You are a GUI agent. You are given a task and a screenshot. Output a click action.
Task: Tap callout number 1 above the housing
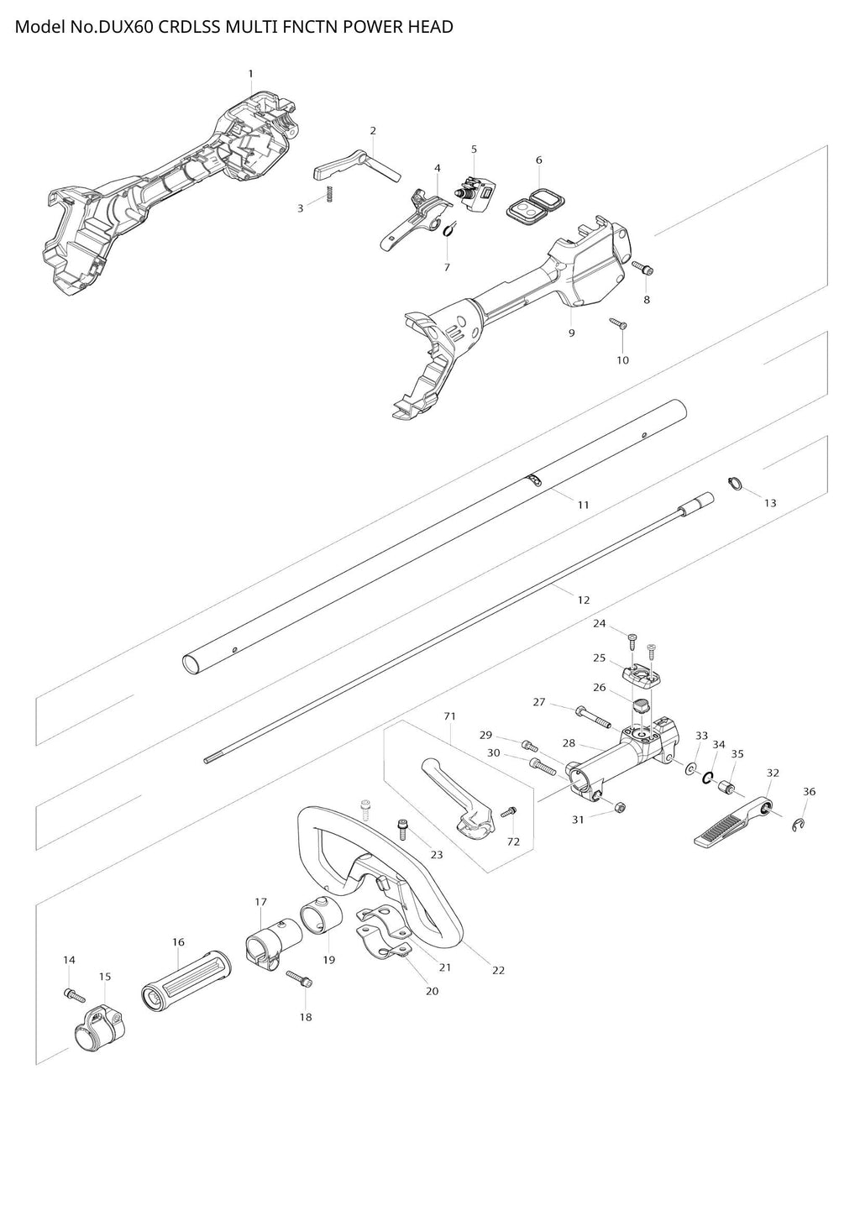pyautogui.click(x=250, y=74)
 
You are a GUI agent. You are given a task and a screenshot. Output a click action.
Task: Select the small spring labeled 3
pyautogui.click(x=329, y=195)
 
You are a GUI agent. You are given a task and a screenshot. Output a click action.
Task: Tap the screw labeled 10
pyautogui.click(x=618, y=323)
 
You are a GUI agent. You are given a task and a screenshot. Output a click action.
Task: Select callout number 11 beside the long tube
pyautogui.click(x=583, y=505)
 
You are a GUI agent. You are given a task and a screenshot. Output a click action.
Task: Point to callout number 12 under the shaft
pyautogui.click(x=584, y=600)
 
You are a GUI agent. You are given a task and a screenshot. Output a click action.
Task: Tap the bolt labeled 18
pyautogui.click(x=299, y=979)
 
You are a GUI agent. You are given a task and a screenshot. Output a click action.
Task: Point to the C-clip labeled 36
pyautogui.click(x=800, y=826)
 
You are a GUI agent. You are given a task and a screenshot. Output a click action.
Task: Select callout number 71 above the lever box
pyautogui.click(x=449, y=716)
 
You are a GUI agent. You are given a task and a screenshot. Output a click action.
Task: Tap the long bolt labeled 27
pyautogui.click(x=591, y=717)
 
